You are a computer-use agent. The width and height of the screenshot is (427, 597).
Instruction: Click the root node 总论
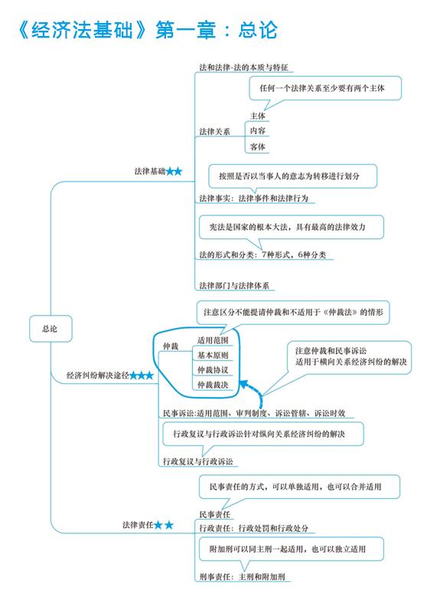tap(51, 329)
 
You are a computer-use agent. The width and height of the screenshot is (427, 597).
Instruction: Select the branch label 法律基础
tap(150, 172)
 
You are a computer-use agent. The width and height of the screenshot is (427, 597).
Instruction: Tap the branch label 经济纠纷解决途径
tap(98, 376)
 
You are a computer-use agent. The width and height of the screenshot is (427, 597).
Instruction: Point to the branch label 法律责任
tap(138, 525)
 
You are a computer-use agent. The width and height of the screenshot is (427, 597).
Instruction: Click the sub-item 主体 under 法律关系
tap(257, 116)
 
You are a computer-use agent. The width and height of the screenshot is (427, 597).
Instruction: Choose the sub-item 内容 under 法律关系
tap(257, 130)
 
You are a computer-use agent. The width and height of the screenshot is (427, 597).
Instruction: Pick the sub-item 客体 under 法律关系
tap(257, 146)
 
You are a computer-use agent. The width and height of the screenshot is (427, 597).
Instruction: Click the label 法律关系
tap(214, 132)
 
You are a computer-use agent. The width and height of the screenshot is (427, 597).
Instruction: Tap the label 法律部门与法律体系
tap(234, 286)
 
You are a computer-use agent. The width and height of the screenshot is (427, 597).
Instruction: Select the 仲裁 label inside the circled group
tap(171, 346)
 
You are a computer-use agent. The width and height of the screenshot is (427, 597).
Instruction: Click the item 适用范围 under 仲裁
tap(213, 340)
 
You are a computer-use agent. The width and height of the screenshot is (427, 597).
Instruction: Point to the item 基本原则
tap(213, 356)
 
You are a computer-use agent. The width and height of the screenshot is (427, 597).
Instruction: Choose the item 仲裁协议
tap(213, 370)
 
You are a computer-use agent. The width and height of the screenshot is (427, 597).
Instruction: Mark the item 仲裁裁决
tap(213, 385)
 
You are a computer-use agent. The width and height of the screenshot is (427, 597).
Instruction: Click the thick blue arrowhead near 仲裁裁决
tap(243, 384)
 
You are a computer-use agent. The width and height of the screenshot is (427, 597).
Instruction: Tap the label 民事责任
tap(215, 514)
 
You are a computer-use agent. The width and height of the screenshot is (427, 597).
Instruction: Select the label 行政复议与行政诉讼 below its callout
tap(197, 461)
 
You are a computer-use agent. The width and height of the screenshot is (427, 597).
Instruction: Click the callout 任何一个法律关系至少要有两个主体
tap(325, 88)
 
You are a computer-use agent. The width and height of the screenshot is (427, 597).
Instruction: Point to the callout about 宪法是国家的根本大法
tap(292, 228)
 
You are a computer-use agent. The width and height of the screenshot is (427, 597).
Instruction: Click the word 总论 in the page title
tap(258, 30)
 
